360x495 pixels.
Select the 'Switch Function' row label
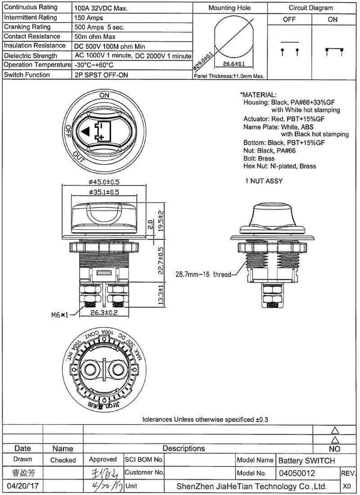pyautogui.click(x=26, y=74)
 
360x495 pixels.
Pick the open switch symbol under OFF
pyautogui.click(x=290, y=50)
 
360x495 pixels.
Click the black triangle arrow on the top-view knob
pyautogui.click(x=86, y=131)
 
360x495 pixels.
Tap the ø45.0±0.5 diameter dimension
pyautogui.click(x=103, y=182)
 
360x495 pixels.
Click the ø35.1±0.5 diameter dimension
pyautogui.click(x=103, y=193)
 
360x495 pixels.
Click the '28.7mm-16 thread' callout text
pyautogui.click(x=202, y=274)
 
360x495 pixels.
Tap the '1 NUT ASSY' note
pyautogui.click(x=264, y=181)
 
